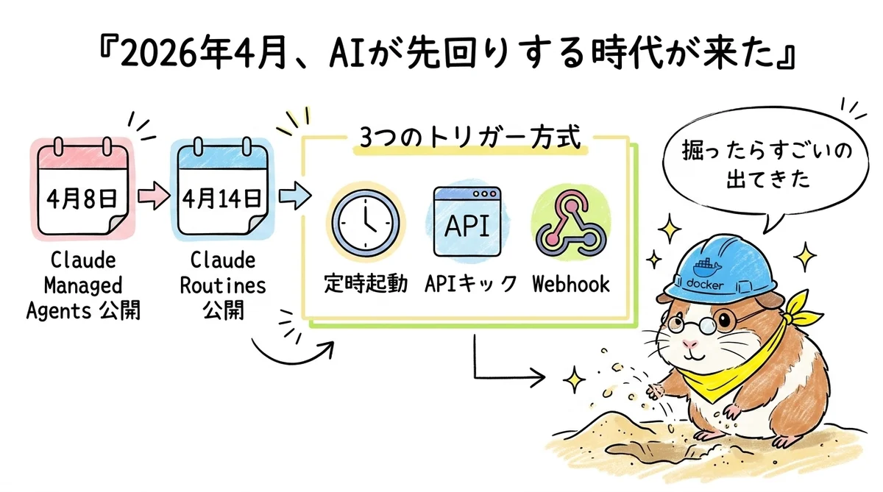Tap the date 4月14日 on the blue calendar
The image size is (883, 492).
pyautogui.click(x=221, y=198)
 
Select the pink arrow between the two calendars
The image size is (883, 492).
pyautogui.click(x=153, y=197)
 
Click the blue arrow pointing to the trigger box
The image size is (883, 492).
pyautogui.click(x=294, y=197)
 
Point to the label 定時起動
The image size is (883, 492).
pyautogui.click(x=366, y=284)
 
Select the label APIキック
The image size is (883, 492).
pyautogui.click(x=470, y=284)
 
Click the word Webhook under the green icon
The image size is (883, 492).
pyautogui.click(x=571, y=284)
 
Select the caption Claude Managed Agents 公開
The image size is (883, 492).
pyautogui.click(x=83, y=286)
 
